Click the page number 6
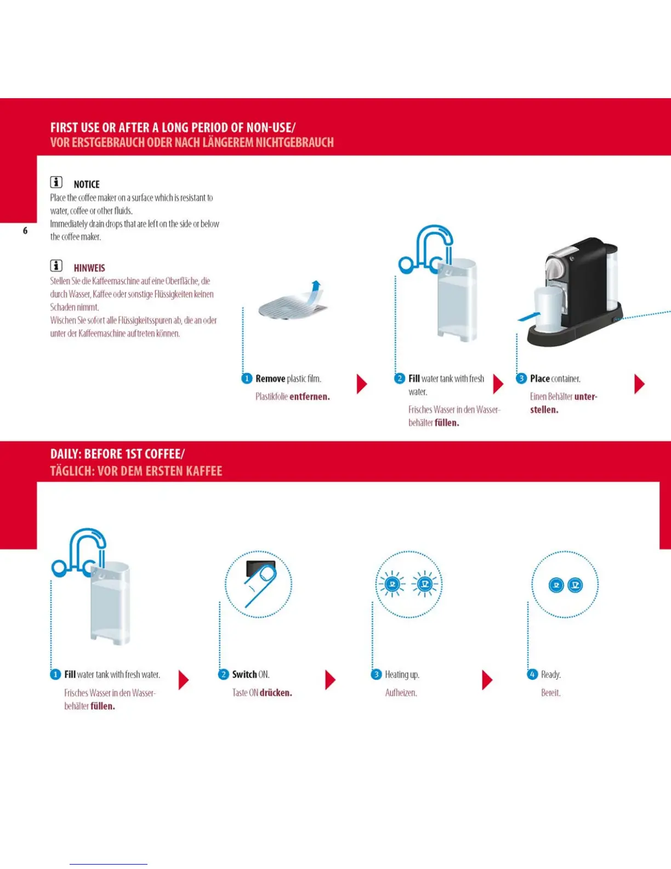[25, 231]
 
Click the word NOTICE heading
[87, 185]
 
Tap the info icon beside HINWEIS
[56, 266]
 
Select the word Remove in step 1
[270, 379]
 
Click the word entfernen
[310, 397]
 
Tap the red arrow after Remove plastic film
[361, 384]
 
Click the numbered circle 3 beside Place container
[521, 379]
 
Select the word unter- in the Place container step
[586, 397]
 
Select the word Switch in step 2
[244, 675]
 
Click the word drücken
[276, 693]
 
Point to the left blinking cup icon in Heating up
[392, 584]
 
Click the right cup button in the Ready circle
[575, 585]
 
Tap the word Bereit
[551, 693]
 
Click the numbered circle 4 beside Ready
[532, 674]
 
